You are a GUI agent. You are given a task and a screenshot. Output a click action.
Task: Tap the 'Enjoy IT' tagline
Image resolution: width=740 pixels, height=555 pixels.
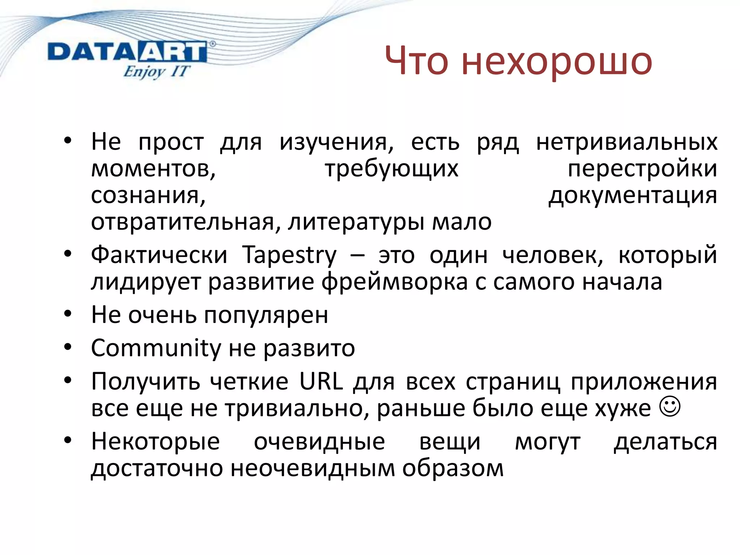tap(156, 72)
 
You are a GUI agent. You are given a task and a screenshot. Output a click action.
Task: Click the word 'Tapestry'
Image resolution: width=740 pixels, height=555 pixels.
tap(289, 255)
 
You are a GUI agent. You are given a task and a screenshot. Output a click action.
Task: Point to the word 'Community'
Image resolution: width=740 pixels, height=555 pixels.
tap(156, 348)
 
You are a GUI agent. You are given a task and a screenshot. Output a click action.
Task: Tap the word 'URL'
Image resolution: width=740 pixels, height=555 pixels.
tap(321, 382)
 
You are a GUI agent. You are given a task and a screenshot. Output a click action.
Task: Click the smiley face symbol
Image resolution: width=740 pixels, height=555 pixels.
tap(670, 407)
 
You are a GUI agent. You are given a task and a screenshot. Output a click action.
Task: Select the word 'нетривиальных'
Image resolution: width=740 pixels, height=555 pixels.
tap(627, 142)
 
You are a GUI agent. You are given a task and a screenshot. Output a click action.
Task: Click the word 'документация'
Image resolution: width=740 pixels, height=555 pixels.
tap(633, 195)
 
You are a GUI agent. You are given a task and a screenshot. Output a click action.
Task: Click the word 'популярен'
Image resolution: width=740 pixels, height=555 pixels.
tap(266, 315)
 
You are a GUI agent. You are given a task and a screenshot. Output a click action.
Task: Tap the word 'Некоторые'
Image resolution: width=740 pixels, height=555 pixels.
tap(155, 442)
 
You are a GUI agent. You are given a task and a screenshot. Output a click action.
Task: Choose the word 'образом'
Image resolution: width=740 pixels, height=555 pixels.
tap(453, 469)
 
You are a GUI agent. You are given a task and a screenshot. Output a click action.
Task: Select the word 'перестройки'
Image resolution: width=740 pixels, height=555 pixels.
tap(642, 169)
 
